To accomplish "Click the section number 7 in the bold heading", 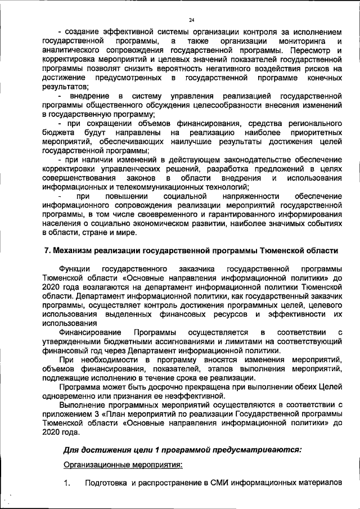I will [x=47, y=250].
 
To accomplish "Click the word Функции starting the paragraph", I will [x=75, y=268].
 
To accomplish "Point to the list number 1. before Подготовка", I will [x=68, y=484].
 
